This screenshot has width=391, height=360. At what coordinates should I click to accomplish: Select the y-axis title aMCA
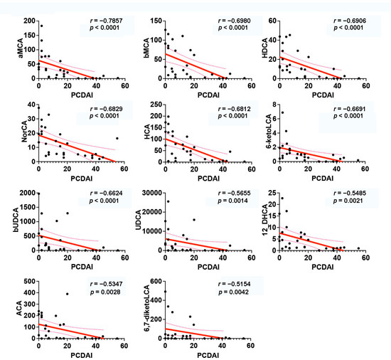[x=8, y=46]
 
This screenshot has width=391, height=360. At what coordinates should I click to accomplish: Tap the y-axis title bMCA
[x=136, y=46]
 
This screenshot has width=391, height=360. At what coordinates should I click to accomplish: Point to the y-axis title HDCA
[x=264, y=46]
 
